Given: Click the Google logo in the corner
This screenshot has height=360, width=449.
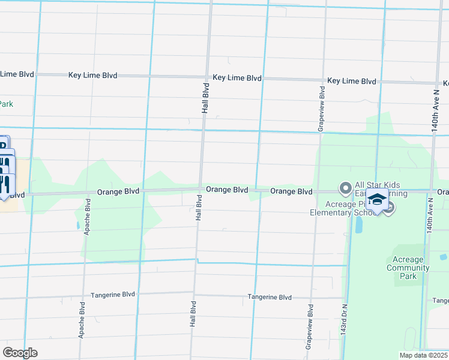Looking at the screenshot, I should tap(20, 353).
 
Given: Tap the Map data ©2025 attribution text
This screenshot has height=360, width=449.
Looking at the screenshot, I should tap(423, 355).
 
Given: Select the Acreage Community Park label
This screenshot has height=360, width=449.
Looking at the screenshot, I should tap(408, 268).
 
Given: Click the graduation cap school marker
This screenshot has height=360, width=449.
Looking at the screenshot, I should tap(377, 200).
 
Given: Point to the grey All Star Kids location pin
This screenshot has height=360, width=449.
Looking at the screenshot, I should tap(345, 189).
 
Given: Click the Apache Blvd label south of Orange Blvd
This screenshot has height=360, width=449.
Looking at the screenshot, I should tap(88, 217).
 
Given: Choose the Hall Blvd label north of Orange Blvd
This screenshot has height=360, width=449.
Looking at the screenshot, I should tap(205, 99).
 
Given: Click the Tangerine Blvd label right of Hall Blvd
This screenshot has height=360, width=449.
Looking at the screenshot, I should tap(270, 297).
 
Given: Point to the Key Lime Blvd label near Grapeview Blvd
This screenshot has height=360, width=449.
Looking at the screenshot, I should tap(352, 81).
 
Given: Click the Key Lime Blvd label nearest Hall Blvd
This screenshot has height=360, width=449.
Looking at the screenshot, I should tap(237, 78).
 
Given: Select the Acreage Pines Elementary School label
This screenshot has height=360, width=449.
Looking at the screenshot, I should tap(340, 208).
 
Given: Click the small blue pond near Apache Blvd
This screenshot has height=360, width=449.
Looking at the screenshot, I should tap(78, 226).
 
